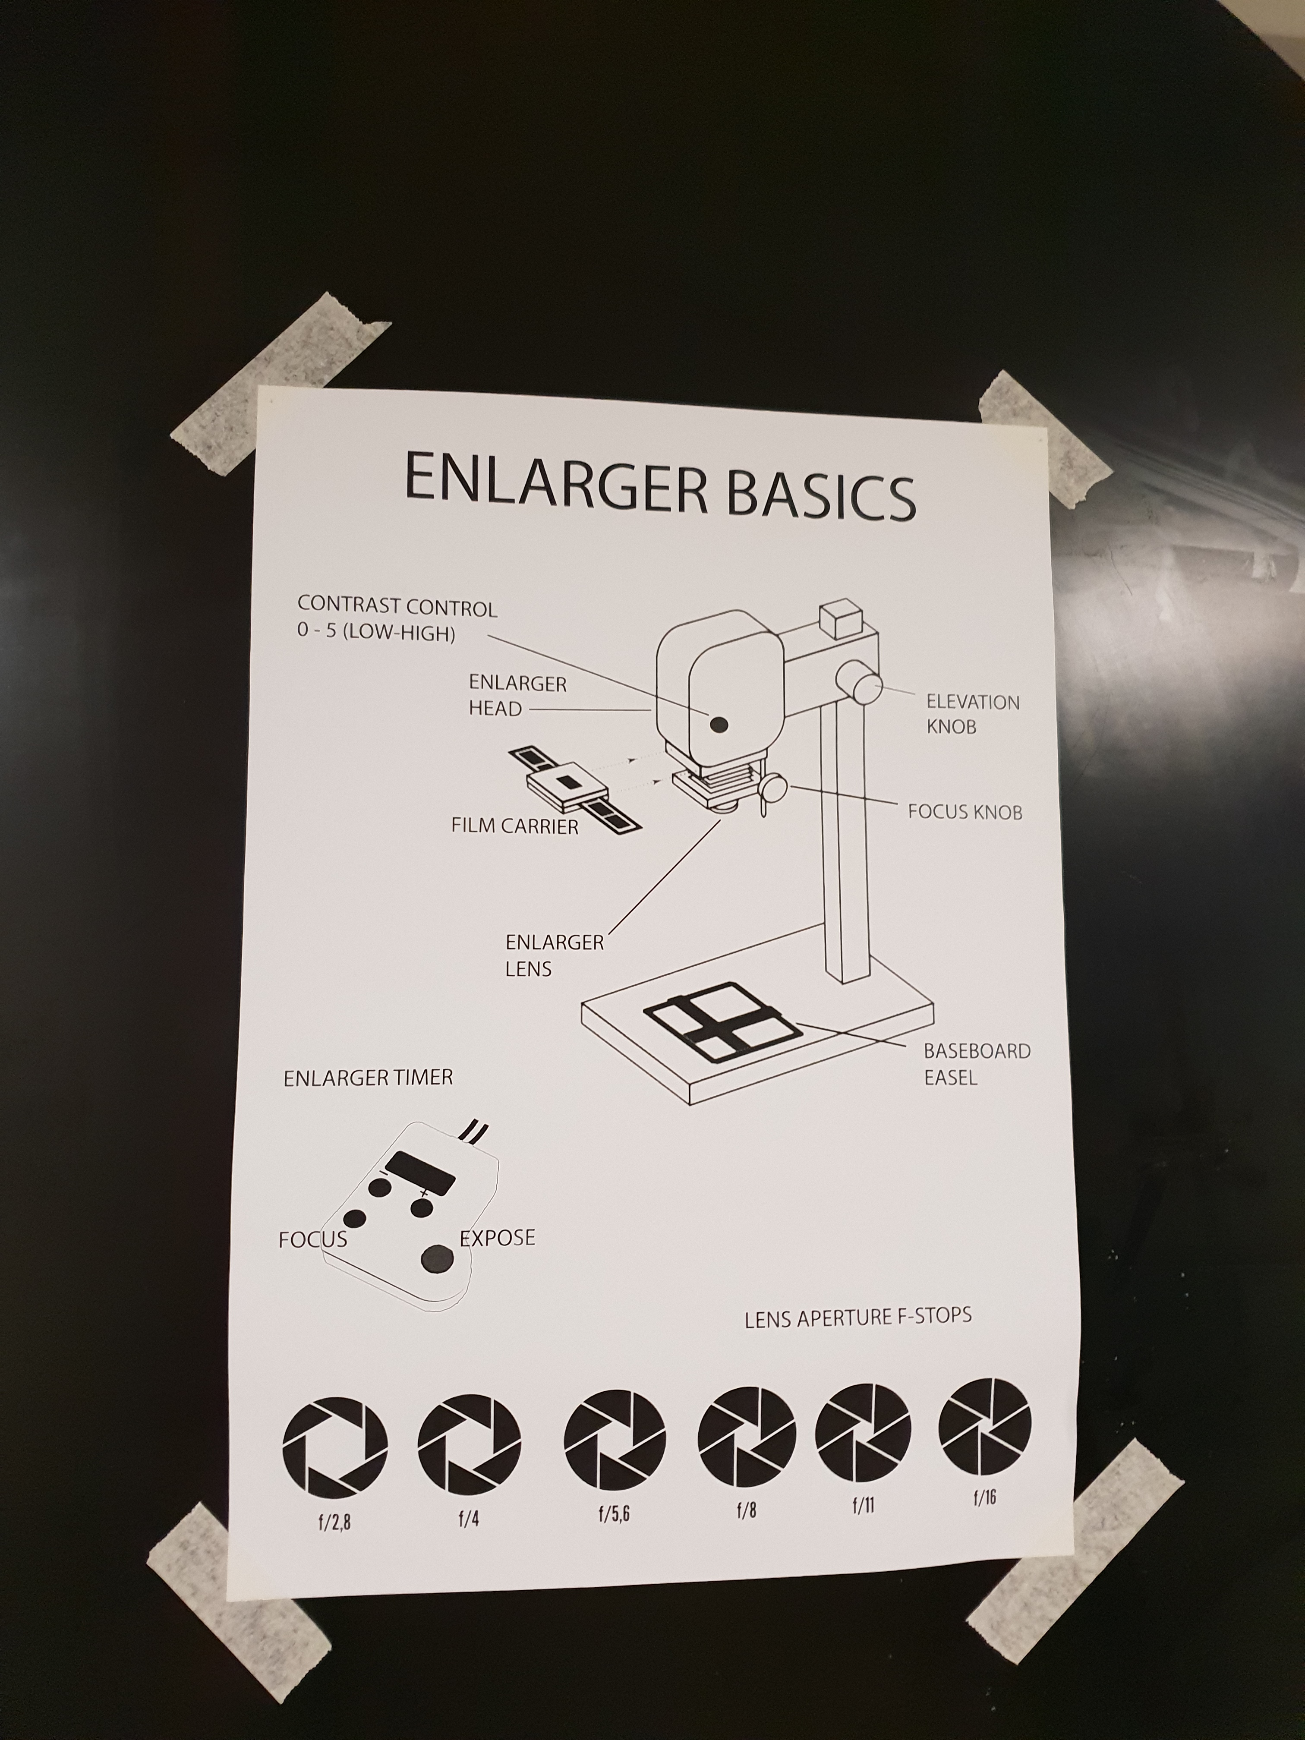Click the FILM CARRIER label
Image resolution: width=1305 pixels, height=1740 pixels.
click(x=514, y=826)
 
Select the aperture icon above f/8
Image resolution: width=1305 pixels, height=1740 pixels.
click(x=747, y=1436)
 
